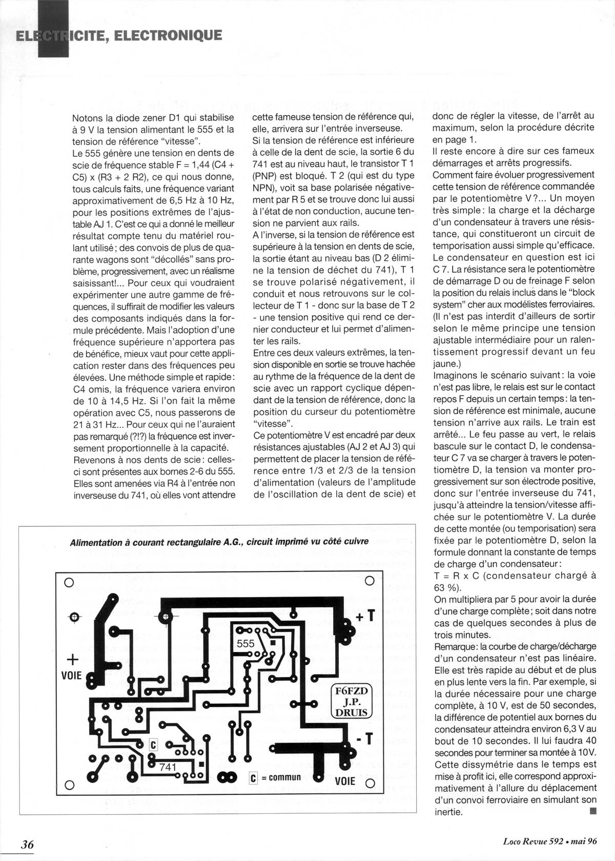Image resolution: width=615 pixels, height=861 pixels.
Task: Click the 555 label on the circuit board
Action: (x=245, y=644)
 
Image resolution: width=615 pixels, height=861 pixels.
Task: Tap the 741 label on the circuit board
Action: (x=168, y=767)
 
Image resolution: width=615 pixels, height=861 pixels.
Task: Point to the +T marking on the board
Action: (x=366, y=616)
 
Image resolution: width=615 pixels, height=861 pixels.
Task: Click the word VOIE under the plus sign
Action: (x=71, y=675)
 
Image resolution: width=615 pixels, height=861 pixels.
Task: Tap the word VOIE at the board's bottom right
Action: (x=345, y=781)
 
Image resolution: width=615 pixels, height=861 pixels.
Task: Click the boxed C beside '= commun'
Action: (x=253, y=778)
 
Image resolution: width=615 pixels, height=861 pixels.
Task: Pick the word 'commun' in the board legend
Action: (x=284, y=777)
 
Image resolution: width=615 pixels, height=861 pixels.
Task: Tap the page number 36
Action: (x=27, y=844)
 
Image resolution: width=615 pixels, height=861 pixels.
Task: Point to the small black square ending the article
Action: (x=593, y=811)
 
